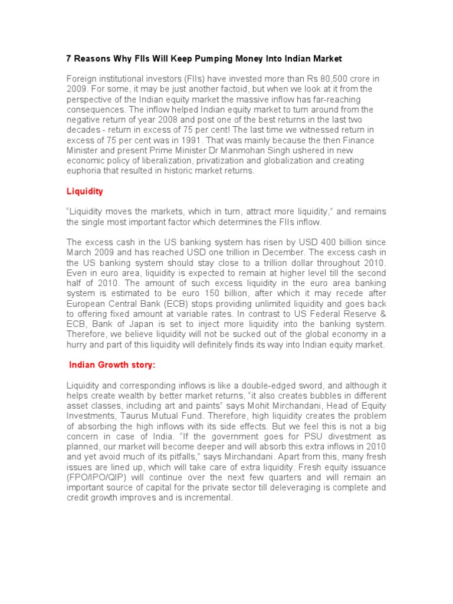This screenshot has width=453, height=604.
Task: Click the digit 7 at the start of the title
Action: coord(68,59)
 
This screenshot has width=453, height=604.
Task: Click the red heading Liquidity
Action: coord(85,191)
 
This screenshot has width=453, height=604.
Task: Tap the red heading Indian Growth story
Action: coord(112,365)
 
